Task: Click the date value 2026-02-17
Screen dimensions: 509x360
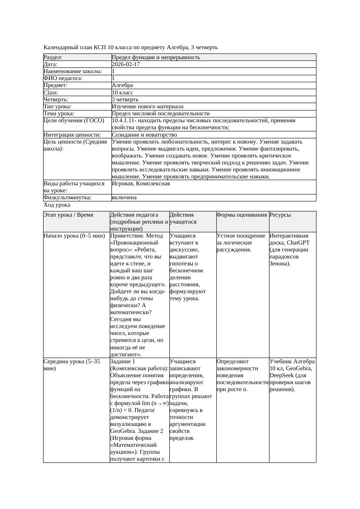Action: (x=126, y=64)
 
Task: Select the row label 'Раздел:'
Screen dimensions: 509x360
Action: (x=53, y=57)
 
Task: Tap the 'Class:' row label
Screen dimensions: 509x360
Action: (x=51, y=93)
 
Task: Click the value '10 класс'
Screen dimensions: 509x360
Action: (x=122, y=93)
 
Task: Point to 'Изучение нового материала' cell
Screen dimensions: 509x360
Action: (x=148, y=107)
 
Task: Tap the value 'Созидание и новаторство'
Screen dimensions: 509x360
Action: (x=144, y=135)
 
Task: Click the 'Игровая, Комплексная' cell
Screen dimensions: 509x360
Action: (x=141, y=184)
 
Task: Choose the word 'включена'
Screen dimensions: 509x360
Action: (x=124, y=198)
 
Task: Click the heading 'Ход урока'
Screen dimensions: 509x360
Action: (x=57, y=205)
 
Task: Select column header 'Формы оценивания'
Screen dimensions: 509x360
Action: (x=242, y=215)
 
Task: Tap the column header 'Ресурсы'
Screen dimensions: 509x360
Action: (x=280, y=215)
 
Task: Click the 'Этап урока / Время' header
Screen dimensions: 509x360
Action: (x=68, y=215)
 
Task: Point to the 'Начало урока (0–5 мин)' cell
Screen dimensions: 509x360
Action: (x=74, y=236)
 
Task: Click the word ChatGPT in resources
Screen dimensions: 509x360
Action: (x=297, y=243)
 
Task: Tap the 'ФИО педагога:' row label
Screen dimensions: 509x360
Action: (x=63, y=78)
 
